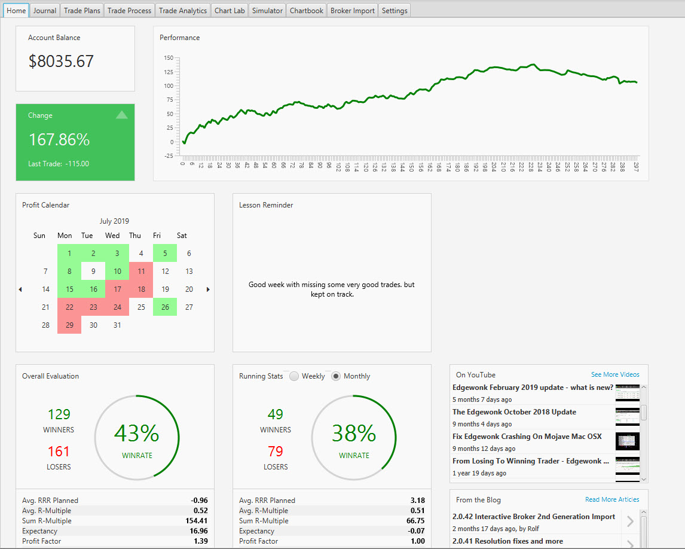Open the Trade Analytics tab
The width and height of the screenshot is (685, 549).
click(183, 11)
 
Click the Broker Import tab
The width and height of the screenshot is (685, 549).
click(353, 11)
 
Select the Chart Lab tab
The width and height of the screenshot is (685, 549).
click(230, 11)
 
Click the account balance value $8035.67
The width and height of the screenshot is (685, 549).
click(61, 61)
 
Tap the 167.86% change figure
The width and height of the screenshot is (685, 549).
click(59, 139)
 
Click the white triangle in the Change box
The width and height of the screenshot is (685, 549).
click(122, 115)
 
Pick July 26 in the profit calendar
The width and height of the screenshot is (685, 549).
click(165, 307)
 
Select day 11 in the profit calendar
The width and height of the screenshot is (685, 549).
click(141, 271)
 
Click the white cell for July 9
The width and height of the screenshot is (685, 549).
click(93, 271)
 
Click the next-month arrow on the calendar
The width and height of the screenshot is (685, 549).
click(208, 289)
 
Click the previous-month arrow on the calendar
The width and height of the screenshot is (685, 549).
click(20, 289)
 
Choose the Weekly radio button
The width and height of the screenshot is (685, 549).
click(294, 376)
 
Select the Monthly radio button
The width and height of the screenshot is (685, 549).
click(335, 376)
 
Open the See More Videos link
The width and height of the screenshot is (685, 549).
click(615, 374)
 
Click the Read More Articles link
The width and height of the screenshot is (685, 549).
click(612, 499)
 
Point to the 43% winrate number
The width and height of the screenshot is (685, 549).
click(137, 433)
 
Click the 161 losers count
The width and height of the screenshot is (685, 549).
click(59, 451)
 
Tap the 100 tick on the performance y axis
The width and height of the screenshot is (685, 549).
click(169, 86)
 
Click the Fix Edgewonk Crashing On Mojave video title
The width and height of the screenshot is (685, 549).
click(527, 436)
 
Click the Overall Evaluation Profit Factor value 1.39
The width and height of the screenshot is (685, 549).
click(200, 541)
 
